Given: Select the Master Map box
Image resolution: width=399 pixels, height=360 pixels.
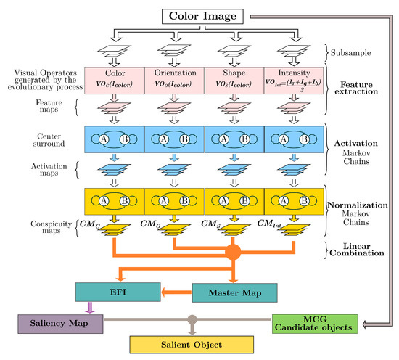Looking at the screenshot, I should (234, 292).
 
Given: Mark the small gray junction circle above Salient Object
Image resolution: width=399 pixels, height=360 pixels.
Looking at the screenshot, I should (192, 319).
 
